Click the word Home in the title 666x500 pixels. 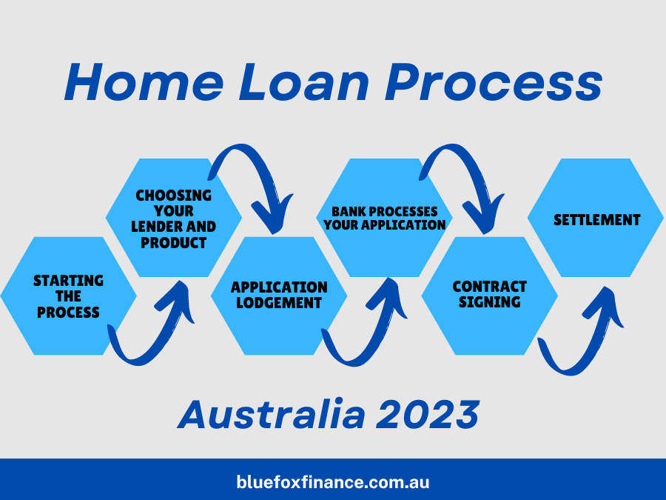point(144,82)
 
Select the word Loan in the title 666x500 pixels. point(303,82)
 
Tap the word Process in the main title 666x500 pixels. point(494,82)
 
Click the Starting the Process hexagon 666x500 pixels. point(68,296)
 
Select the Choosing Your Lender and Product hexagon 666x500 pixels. point(174,218)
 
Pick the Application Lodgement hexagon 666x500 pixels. point(279,296)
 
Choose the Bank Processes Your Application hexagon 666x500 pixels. point(384,218)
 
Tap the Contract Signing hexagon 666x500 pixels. point(490,296)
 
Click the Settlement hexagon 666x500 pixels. point(596,218)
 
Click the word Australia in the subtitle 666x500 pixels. point(272,414)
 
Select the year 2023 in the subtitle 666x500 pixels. point(428,414)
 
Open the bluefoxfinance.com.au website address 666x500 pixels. point(333,482)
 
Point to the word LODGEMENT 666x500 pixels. point(279,303)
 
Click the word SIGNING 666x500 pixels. point(490,302)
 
